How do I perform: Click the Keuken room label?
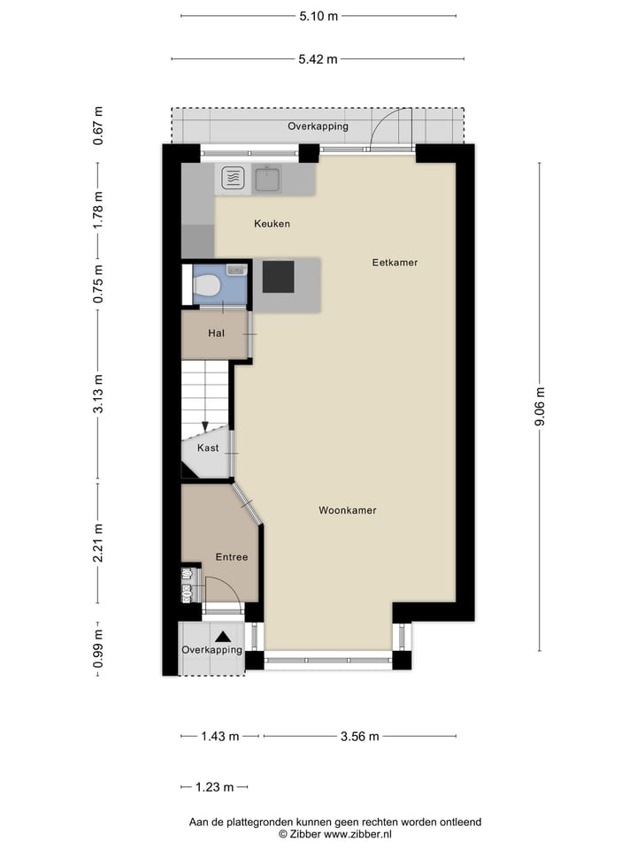(x=272, y=224)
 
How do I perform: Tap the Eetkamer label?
(x=395, y=263)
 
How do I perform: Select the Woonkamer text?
(x=348, y=510)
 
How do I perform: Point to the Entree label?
(x=232, y=557)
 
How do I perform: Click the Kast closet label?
(x=208, y=448)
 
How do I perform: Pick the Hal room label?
(x=216, y=333)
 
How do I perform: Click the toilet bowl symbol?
(x=207, y=287)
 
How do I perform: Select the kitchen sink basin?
(x=268, y=180)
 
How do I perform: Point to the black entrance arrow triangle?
(x=225, y=634)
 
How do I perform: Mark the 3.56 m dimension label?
(x=360, y=736)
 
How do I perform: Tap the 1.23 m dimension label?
(x=215, y=787)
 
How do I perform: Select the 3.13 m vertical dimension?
(x=99, y=394)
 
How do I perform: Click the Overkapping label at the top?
(x=318, y=126)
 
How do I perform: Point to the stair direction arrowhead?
(x=204, y=427)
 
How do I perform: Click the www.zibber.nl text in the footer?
(x=358, y=834)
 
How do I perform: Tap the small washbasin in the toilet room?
(x=235, y=269)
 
